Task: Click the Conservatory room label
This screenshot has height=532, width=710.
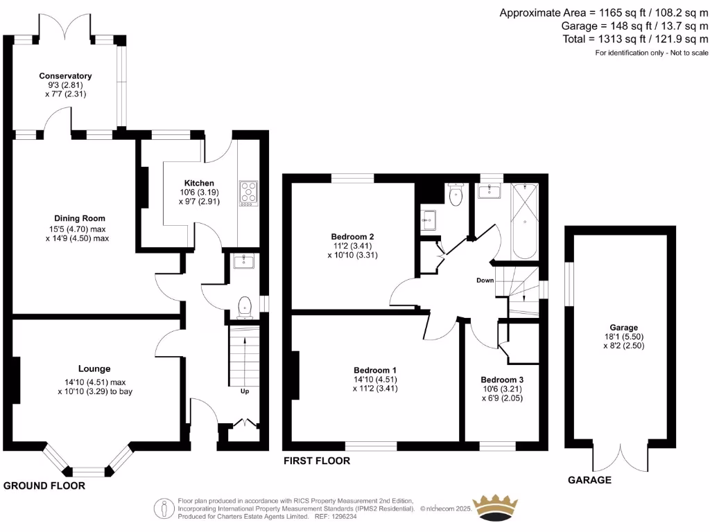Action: (65, 76)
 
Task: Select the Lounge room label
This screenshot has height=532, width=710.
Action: (94, 369)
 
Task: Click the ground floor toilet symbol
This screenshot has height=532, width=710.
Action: (244, 305)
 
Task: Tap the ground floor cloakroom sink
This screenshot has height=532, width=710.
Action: (243, 261)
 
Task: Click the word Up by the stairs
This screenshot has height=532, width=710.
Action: (244, 391)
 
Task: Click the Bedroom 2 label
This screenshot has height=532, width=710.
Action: (352, 236)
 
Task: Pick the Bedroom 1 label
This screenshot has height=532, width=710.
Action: (375, 369)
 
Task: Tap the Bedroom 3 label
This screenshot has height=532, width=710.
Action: (502, 380)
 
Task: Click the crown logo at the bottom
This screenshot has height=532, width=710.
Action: (495, 506)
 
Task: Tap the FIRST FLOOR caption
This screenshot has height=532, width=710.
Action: (316, 461)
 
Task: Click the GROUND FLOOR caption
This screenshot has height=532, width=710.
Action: (44, 486)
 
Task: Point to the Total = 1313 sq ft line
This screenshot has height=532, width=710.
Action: (635, 39)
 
